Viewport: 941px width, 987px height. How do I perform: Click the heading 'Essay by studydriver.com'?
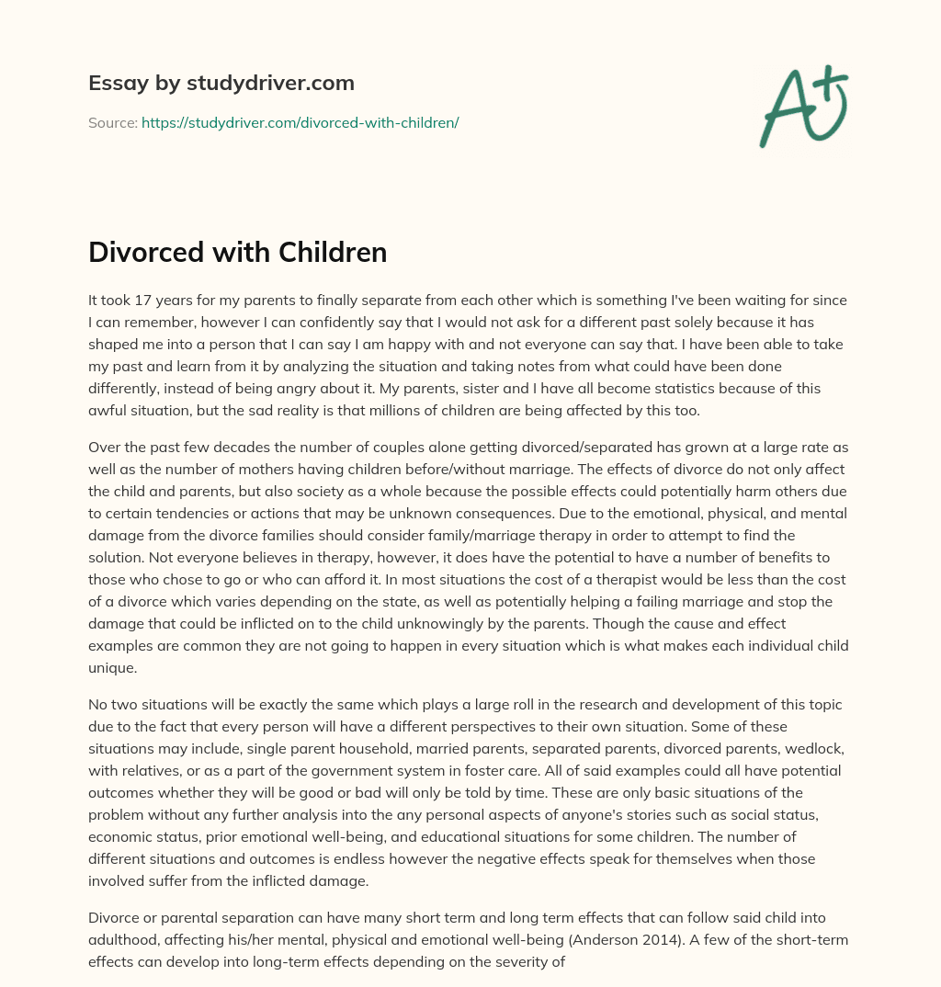coord(221,83)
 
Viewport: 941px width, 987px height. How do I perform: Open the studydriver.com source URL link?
coord(300,122)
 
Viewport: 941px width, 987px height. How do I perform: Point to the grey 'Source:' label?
coord(112,122)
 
